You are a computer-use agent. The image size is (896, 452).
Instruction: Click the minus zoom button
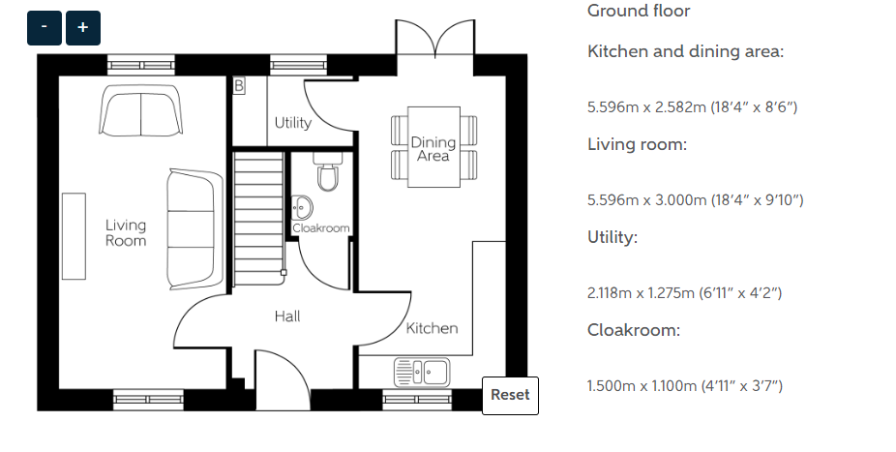44,27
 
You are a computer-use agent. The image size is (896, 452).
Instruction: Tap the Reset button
510,396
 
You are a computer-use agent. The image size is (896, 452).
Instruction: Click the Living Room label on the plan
126,232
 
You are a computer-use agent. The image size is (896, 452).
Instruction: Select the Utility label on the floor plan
292,122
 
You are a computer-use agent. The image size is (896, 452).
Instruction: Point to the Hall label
286,316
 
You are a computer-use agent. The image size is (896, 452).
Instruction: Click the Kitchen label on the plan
432,328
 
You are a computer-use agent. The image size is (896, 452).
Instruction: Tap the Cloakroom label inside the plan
321,228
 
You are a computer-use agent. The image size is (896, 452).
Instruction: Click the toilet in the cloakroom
328,171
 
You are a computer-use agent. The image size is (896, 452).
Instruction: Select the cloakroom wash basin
302,207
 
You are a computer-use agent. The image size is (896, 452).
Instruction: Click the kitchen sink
422,372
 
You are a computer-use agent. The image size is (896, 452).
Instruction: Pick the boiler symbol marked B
239,86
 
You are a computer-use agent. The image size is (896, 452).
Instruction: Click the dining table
433,147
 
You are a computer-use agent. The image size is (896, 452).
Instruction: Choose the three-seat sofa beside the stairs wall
194,229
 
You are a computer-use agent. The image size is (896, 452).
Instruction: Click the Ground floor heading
639,11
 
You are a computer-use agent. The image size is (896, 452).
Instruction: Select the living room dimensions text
695,200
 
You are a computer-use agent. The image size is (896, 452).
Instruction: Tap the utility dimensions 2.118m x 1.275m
684,293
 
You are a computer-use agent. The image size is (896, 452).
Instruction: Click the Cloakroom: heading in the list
634,330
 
